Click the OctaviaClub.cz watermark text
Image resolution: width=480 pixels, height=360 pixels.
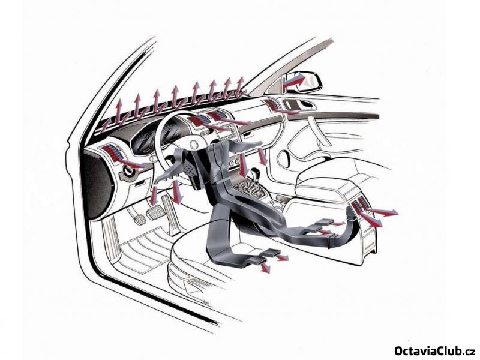coord(434,350)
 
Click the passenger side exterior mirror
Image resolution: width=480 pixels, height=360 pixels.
coord(302,81)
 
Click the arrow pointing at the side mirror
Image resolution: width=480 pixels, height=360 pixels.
coord(294,81)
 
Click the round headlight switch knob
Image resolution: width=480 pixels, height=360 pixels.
coord(128,170)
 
